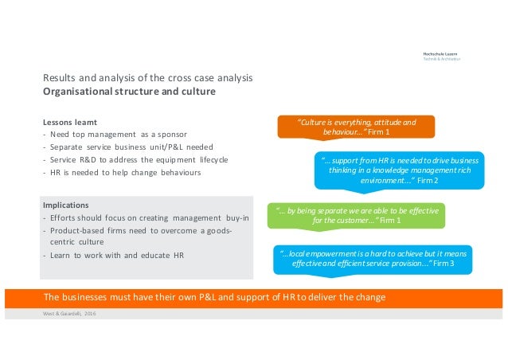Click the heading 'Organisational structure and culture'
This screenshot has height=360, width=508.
click(128, 92)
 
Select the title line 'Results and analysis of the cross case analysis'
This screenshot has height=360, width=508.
click(147, 79)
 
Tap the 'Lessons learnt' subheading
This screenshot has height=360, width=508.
click(68, 123)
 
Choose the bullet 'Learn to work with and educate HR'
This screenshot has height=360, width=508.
click(111, 255)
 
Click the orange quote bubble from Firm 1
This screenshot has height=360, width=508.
click(355, 127)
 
